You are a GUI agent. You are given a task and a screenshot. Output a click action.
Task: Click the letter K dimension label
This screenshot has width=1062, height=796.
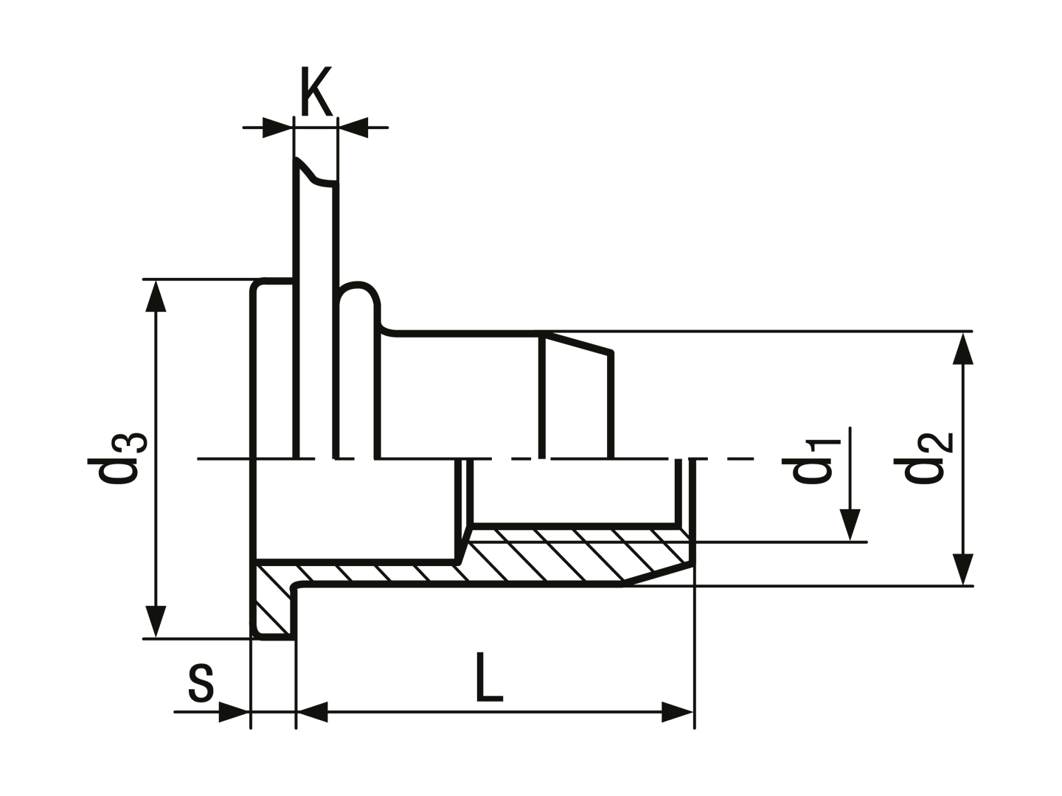[x=316, y=91]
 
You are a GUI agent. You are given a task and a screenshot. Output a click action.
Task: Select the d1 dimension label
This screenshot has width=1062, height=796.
[x=811, y=461]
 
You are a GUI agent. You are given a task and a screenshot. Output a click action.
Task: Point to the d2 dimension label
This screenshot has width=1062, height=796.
[x=923, y=457]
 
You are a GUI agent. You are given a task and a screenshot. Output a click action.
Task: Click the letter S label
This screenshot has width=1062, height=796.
[x=201, y=684]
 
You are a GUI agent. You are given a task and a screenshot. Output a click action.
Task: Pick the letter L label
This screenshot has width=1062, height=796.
[x=489, y=677]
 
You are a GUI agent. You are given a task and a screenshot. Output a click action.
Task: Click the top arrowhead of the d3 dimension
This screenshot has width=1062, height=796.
[x=156, y=296]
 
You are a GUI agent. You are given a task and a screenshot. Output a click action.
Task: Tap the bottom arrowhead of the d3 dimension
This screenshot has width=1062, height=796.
[x=156, y=621]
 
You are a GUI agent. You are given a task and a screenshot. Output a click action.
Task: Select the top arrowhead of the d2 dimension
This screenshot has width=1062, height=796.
[x=963, y=348]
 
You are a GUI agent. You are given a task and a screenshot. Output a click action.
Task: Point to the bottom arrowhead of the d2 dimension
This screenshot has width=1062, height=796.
[x=963, y=569]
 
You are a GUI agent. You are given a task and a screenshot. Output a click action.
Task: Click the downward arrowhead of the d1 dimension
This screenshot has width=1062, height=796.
[x=850, y=525]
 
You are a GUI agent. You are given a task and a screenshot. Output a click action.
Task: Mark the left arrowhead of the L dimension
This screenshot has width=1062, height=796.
[x=312, y=712]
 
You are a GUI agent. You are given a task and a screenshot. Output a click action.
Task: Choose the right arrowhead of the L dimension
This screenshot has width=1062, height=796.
[x=678, y=712]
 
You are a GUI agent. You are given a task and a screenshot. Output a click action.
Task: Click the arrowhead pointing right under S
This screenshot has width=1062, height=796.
[x=235, y=712]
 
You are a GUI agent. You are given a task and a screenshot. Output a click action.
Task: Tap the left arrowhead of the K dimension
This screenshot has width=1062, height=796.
[x=278, y=128]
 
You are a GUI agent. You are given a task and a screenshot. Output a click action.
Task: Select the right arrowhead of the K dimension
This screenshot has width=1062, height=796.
[x=353, y=128]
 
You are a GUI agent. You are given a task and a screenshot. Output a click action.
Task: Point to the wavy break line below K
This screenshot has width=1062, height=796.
[x=316, y=172]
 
